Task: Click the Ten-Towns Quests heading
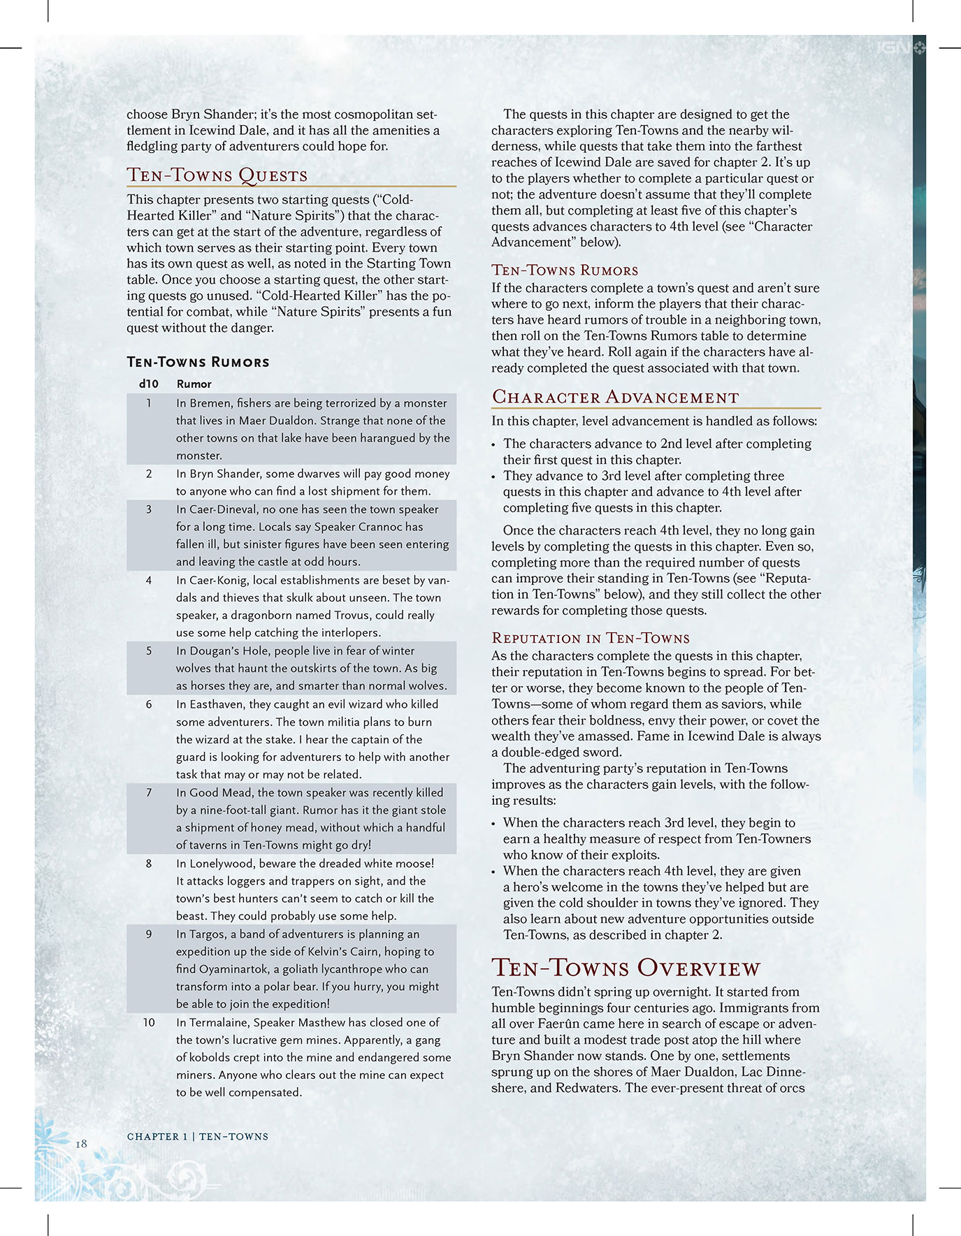pos(217,175)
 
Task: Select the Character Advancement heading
pos(615,397)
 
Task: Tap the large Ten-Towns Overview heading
pos(626,968)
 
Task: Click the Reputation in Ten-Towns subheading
pos(590,638)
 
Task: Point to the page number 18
pos(82,1144)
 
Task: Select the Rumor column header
pos(194,384)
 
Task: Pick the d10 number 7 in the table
pos(149,792)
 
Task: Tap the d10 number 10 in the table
pos(149,1022)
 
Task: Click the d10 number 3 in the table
pos(149,509)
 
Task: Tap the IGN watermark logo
pos(901,48)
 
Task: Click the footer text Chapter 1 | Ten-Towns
pos(197,1137)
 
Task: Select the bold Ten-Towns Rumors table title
pos(198,362)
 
